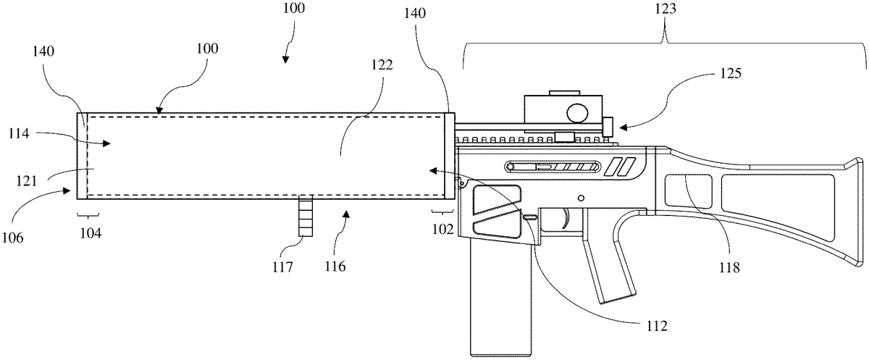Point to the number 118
click(x=730, y=267)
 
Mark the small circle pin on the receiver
click(x=581, y=197)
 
